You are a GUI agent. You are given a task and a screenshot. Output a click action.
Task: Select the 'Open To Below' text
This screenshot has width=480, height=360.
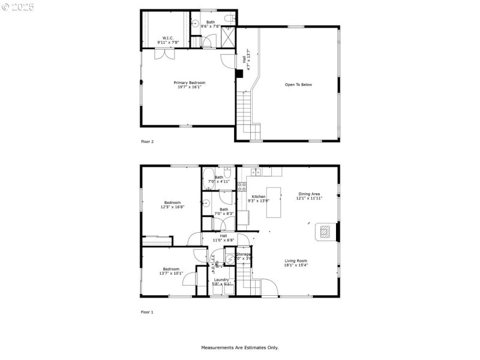[298, 85]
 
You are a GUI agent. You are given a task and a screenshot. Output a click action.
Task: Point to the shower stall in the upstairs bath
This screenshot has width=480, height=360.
[228, 38]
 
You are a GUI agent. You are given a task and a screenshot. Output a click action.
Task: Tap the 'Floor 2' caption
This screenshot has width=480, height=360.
[147, 142]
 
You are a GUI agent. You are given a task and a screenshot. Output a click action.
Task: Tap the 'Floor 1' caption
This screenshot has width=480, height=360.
[147, 312]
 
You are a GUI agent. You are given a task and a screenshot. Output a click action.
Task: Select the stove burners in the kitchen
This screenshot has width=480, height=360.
[242, 186]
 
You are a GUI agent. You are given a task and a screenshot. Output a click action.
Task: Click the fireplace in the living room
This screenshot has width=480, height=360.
[324, 232]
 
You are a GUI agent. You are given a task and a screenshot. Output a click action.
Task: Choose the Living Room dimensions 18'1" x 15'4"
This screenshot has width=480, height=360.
[296, 265]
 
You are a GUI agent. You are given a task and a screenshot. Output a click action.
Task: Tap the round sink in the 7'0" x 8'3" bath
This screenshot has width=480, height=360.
[205, 203]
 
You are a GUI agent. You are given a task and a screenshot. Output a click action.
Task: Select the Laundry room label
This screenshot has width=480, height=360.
[221, 280]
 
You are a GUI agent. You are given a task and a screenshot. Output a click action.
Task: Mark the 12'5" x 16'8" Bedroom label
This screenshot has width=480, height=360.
[172, 205]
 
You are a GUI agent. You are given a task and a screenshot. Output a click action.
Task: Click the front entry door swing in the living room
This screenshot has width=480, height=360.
[269, 288]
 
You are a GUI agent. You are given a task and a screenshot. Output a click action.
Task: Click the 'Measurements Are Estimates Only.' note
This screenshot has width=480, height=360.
[239, 347]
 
